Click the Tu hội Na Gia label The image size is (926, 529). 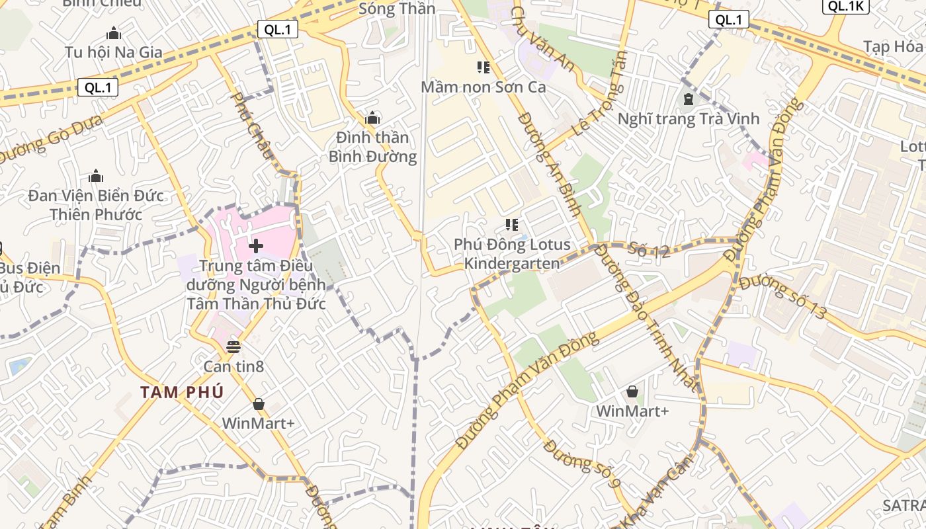click(114, 52)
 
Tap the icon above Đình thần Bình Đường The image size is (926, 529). click(372, 118)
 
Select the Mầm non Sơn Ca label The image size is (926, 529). click(483, 87)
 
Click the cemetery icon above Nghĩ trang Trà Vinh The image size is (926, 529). click(689, 100)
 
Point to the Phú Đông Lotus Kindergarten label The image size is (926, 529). click(512, 254)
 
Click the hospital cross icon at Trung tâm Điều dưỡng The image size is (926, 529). click(256, 247)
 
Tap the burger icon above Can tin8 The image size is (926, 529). click(233, 346)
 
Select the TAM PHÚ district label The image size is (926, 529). click(182, 392)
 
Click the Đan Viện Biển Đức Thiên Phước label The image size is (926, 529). click(96, 205)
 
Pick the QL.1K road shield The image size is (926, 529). click(845, 6)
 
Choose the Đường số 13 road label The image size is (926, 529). click(783, 297)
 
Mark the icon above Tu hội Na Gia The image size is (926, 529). click(114, 32)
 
